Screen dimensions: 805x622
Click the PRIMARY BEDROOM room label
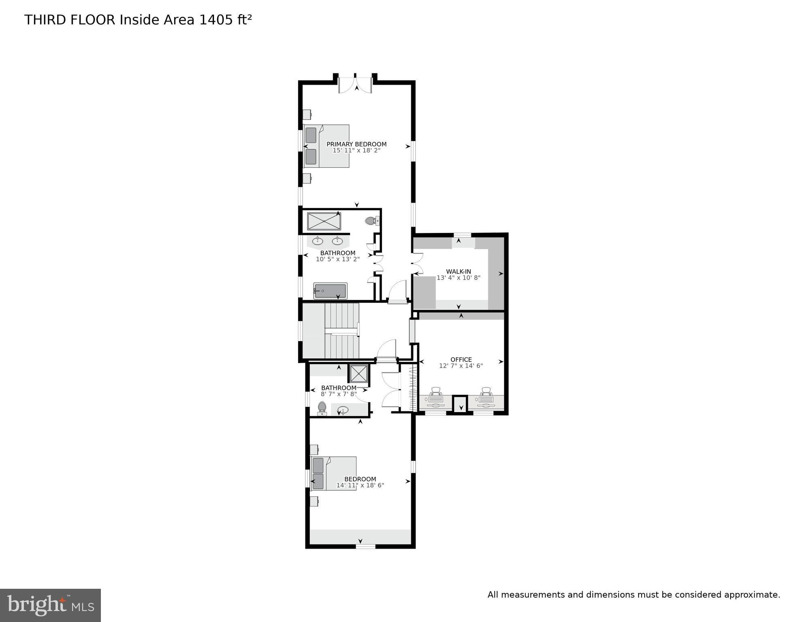[x=357, y=144]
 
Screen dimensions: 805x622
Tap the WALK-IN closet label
[x=459, y=271]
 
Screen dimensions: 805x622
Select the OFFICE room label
[x=461, y=359]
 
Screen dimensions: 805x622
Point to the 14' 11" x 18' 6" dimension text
[x=360, y=485]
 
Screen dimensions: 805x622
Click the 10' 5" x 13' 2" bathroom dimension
[x=338, y=259]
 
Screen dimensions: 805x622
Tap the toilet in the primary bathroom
[x=372, y=221]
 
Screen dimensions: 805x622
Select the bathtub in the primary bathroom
[x=330, y=291]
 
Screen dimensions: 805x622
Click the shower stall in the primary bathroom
[x=324, y=221]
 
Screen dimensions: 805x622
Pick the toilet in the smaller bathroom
[x=322, y=408]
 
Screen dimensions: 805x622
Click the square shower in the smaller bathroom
[x=359, y=374]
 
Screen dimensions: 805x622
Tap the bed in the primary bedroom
[x=326, y=146]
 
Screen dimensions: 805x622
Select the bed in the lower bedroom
[x=333, y=474]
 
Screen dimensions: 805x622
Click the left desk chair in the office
[x=436, y=391]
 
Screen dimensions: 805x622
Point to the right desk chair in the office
[x=486, y=391]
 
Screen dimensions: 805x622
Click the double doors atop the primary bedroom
[x=355, y=84]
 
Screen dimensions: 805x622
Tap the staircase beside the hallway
[x=342, y=331]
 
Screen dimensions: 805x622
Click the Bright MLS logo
[x=50, y=605]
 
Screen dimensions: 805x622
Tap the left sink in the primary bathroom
[x=317, y=242]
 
